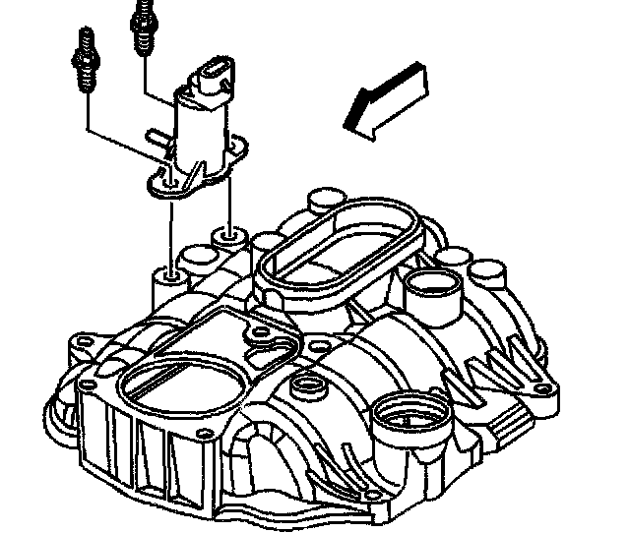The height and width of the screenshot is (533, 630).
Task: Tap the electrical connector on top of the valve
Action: click(x=217, y=79)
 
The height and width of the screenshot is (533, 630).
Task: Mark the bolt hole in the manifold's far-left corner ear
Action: click(x=81, y=347)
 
